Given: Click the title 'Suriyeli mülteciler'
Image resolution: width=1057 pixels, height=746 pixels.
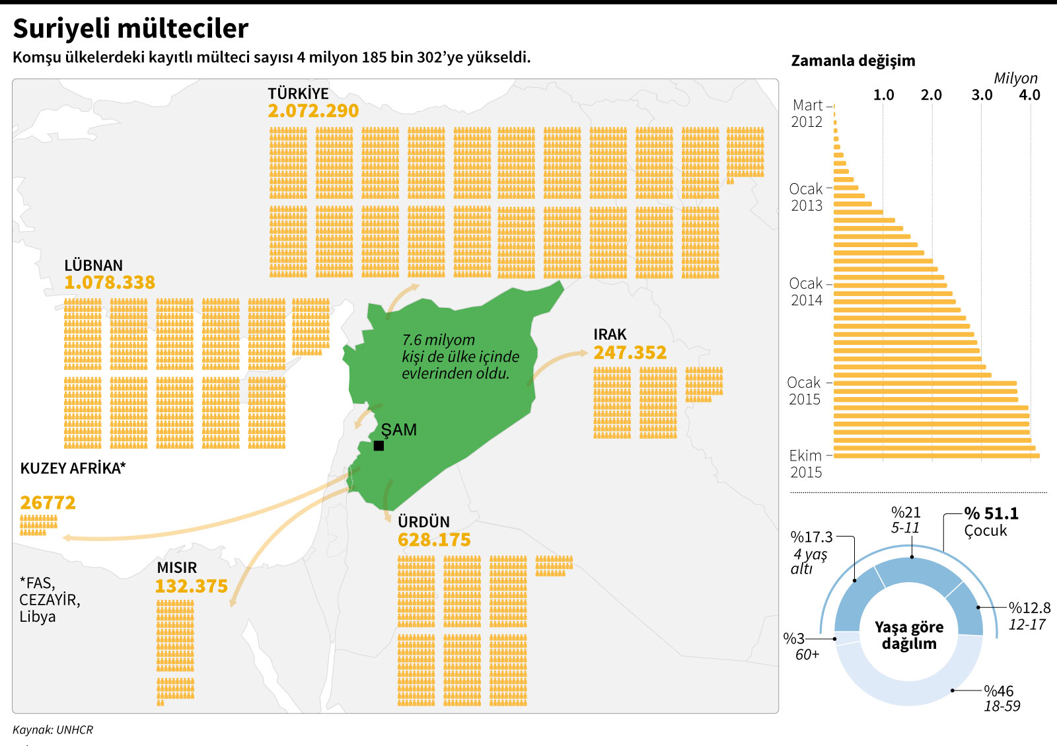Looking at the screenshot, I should coord(130,28).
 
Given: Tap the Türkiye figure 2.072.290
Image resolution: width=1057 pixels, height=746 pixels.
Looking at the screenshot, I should coord(313,111).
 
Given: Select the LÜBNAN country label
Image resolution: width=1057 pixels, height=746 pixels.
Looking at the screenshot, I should coord(93,265).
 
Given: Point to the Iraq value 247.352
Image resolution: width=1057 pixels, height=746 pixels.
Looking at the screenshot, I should coord(630,353).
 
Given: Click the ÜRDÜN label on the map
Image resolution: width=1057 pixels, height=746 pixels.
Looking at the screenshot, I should coord(423,521).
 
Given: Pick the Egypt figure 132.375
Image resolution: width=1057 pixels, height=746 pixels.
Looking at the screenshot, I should coord(192,586).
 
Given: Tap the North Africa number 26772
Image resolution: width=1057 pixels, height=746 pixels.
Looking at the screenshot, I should coord(48,503).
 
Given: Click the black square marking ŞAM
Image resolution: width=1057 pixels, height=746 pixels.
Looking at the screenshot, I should coord(379,446).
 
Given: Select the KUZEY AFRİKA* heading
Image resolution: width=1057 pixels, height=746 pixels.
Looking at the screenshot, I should coord(73,468).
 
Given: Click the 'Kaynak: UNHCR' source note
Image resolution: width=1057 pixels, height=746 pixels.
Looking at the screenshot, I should coord(53,729).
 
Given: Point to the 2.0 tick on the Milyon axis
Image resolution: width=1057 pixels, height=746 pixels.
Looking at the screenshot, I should coord(931,95).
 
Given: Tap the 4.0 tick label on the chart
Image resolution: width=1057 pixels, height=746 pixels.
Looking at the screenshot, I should coord(1029,95).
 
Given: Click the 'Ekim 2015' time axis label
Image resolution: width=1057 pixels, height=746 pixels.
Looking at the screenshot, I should coord(806,463).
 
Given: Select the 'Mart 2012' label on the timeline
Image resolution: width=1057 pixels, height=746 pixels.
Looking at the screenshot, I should coord(807,113).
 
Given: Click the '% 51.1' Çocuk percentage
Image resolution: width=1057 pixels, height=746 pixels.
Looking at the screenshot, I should coord(991,513).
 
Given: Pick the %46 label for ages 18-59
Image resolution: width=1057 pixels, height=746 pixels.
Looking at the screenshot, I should coord(999,691).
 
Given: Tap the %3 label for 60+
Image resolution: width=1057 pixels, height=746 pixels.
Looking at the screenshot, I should coord(793,638).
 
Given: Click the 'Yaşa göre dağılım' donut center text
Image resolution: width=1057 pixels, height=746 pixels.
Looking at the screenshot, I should coord(909,635).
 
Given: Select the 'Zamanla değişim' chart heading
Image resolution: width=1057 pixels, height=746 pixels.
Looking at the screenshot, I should coord(853,61).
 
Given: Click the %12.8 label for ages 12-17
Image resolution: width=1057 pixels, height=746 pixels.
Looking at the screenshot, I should coord(1029,608).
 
